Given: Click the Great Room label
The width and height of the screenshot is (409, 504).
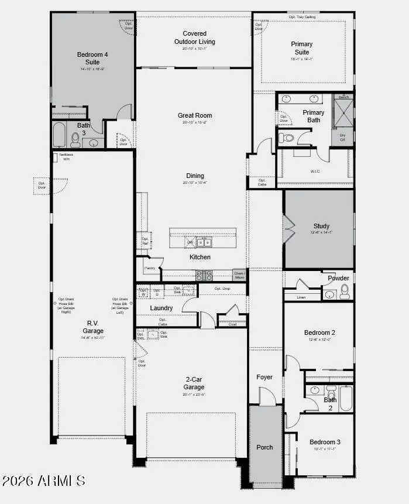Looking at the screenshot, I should (x=195, y=115).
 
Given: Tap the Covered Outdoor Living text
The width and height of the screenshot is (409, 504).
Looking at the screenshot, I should (x=194, y=37).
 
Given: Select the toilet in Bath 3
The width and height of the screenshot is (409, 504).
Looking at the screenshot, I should (x=75, y=139).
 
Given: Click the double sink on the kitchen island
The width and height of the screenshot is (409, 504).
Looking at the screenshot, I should (x=204, y=242).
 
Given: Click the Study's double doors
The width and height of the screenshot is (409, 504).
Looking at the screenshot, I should (x=288, y=228).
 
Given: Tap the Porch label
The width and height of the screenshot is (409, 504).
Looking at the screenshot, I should (x=264, y=447).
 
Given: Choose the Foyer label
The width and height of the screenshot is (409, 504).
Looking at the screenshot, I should (x=264, y=377).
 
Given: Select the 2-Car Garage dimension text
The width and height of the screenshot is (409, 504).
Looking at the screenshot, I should (x=194, y=395).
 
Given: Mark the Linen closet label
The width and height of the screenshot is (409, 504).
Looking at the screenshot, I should (x=301, y=297).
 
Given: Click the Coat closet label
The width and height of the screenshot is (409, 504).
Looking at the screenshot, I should (x=232, y=324).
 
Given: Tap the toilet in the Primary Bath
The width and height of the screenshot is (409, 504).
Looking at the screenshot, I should (x=287, y=138).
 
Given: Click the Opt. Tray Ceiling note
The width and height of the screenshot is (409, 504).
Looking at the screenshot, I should (x=303, y=17).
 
